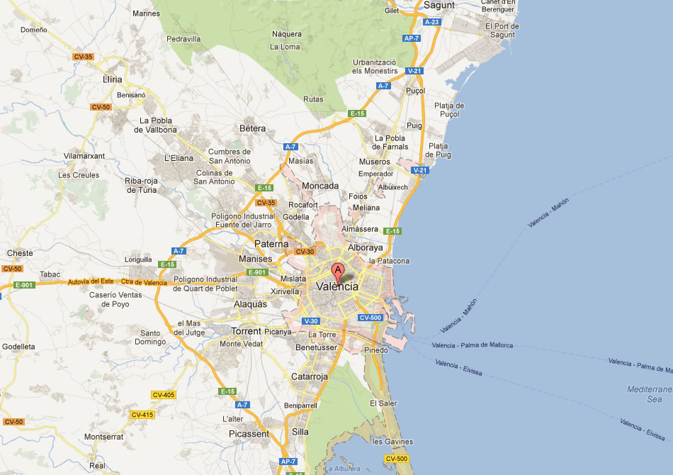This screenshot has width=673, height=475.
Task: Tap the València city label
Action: tap(339, 286)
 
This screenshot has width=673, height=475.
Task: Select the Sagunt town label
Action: tap(439, 5)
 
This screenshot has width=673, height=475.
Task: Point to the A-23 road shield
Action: tap(432, 22)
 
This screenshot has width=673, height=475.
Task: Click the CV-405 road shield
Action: tap(163, 395)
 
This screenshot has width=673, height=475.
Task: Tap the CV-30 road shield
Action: tap(305, 252)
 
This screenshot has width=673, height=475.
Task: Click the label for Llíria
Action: tap(112, 79)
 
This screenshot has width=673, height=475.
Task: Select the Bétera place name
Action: tap(253, 128)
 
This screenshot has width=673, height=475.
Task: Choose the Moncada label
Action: tap(319, 186)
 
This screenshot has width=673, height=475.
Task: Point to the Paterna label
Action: tap(272, 244)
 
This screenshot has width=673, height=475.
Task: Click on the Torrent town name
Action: tap(247, 331)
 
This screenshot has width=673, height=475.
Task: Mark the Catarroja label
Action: tap(310, 377)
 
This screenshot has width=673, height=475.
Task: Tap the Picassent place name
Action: tap(249, 433)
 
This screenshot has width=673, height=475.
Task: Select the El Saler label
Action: tap(383, 403)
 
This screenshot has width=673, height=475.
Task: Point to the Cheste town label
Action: tap(20, 253)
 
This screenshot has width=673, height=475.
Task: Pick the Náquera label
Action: tap(287, 33)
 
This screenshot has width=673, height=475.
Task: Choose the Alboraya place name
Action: tap(365, 247)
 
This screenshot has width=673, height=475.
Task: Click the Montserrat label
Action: tap(104, 437)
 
